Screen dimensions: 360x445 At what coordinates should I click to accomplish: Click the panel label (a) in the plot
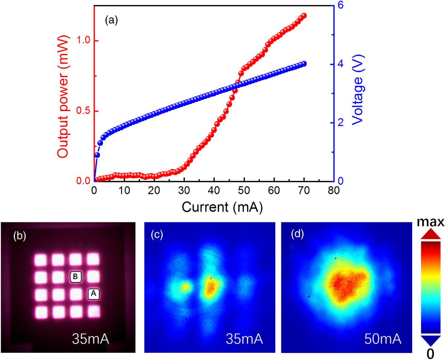pyautogui.click(x=111, y=20)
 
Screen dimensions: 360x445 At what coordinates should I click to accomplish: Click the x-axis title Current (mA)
pyautogui.click(x=222, y=207)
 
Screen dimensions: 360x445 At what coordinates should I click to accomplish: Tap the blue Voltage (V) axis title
pyautogui.click(x=358, y=90)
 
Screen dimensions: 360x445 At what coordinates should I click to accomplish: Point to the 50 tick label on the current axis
pyautogui.click(x=244, y=190)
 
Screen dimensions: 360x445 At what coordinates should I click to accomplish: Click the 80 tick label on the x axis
pyautogui.click(x=334, y=190)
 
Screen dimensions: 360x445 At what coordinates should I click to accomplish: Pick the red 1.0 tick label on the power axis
pyautogui.click(x=83, y=40)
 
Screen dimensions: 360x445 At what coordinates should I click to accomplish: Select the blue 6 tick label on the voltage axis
pyautogui.click(x=341, y=5)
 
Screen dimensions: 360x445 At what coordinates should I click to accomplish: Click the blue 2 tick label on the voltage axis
pyautogui.click(x=341, y=123)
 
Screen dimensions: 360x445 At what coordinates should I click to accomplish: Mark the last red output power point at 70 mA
pyautogui.click(x=304, y=15)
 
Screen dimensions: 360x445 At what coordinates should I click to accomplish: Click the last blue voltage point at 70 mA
pyautogui.click(x=304, y=64)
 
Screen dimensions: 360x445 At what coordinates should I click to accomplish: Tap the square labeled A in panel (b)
pyautogui.click(x=94, y=293)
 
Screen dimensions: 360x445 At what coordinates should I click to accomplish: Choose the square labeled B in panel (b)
pyautogui.click(x=75, y=277)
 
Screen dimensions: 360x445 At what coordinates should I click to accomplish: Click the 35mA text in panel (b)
pyautogui.click(x=90, y=339)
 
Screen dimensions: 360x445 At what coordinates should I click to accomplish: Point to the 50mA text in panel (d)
pyautogui.click(x=383, y=339)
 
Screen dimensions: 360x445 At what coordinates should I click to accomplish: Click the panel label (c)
pyautogui.click(x=157, y=235)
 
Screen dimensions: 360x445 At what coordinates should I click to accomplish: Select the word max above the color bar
pyautogui.click(x=430, y=222)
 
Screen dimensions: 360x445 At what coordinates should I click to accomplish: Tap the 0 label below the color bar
pyautogui.click(x=430, y=354)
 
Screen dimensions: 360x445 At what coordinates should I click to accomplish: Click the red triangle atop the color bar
pyautogui.click(x=430, y=234)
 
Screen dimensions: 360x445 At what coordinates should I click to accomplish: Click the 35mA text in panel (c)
pyautogui.click(x=244, y=339)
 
